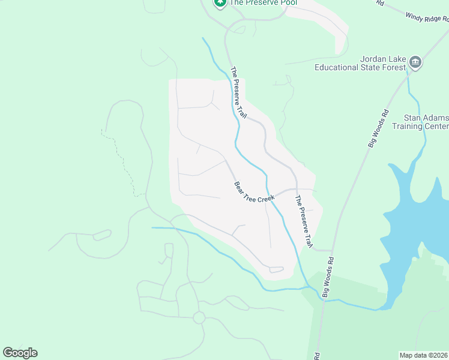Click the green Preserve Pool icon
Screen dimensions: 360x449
tap(220, 2)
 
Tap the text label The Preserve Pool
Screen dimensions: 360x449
tap(263, 2)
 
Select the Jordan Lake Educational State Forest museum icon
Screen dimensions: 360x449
tap(415, 62)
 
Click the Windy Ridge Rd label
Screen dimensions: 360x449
tap(427, 19)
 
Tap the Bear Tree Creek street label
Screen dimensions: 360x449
tap(254, 193)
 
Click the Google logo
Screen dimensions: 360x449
tap(20, 353)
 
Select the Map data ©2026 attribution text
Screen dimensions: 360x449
tap(424, 355)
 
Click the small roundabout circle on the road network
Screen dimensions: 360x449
tap(199, 317)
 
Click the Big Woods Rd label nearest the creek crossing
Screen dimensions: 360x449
tap(328, 277)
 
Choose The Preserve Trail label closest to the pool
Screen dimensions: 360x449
tap(238, 90)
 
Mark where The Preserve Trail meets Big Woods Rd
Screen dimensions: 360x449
tap(332, 250)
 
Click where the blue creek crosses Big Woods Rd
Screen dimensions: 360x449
tap(324, 298)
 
